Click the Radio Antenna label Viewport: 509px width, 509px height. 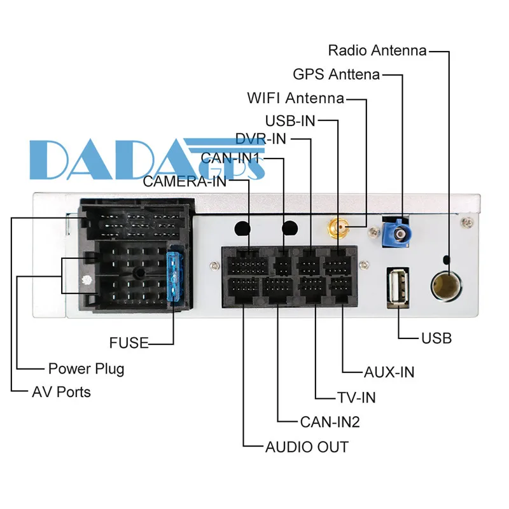(x=377, y=51)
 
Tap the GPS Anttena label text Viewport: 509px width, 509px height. (x=337, y=74)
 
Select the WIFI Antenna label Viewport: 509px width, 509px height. (x=295, y=98)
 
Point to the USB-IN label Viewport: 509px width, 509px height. (x=290, y=121)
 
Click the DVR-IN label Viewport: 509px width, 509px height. (x=261, y=139)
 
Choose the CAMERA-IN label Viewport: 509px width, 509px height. (x=185, y=181)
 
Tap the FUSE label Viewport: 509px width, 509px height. (x=129, y=343)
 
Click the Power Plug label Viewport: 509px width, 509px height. (x=87, y=369)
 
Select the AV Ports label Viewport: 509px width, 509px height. (x=61, y=392)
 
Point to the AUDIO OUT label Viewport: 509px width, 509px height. (x=307, y=447)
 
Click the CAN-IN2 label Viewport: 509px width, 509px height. (x=330, y=422)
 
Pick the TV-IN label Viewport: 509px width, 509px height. (x=356, y=398)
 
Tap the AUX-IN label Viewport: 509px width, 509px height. (x=389, y=372)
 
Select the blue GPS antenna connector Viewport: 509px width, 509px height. (x=396, y=233)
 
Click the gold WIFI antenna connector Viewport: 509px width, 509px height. (x=338, y=228)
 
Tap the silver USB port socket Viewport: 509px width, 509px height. (x=398, y=288)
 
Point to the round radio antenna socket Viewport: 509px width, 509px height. (x=447, y=286)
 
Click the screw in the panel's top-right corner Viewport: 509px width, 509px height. (x=467, y=222)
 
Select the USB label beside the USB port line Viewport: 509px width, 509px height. (x=436, y=338)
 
